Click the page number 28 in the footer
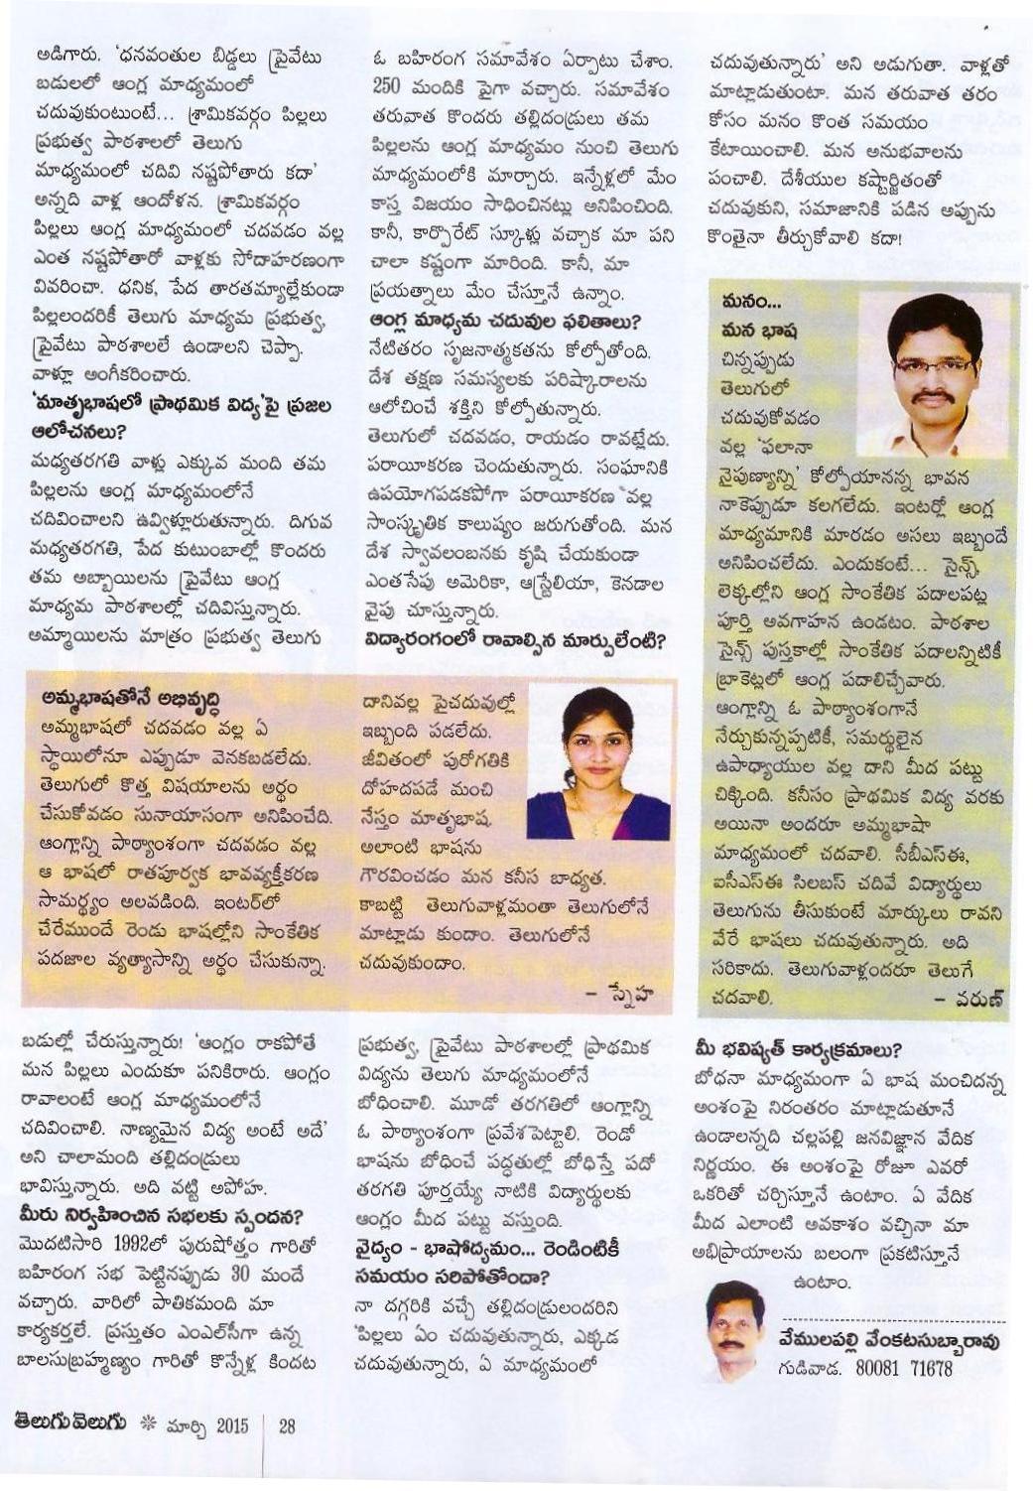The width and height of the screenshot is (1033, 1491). tap(287, 1426)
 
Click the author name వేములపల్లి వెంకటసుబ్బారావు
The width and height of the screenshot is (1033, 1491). tap(887, 1341)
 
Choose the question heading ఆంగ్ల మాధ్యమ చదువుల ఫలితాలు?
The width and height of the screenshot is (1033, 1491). tap(505, 322)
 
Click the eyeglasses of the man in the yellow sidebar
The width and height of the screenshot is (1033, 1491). tap(933, 364)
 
